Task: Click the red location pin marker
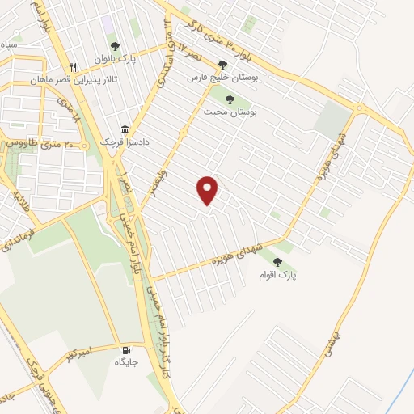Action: pyautogui.click(x=209, y=190)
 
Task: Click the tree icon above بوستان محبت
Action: pyautogui.click(x=230, y=99)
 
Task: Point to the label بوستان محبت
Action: pyautogui.click(x=230, y=113)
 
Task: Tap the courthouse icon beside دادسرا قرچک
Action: pyautogui.click(x=125, y=129)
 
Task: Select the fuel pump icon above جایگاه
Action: pyautogui.click(x=125, y=350)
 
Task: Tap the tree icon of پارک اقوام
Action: pyautogui.click(x=278, y=262)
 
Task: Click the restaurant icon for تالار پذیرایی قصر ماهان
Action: pyautogui.click(x=74, y=67)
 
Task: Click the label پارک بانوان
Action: pyautogui.click(x=115, y=58)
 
